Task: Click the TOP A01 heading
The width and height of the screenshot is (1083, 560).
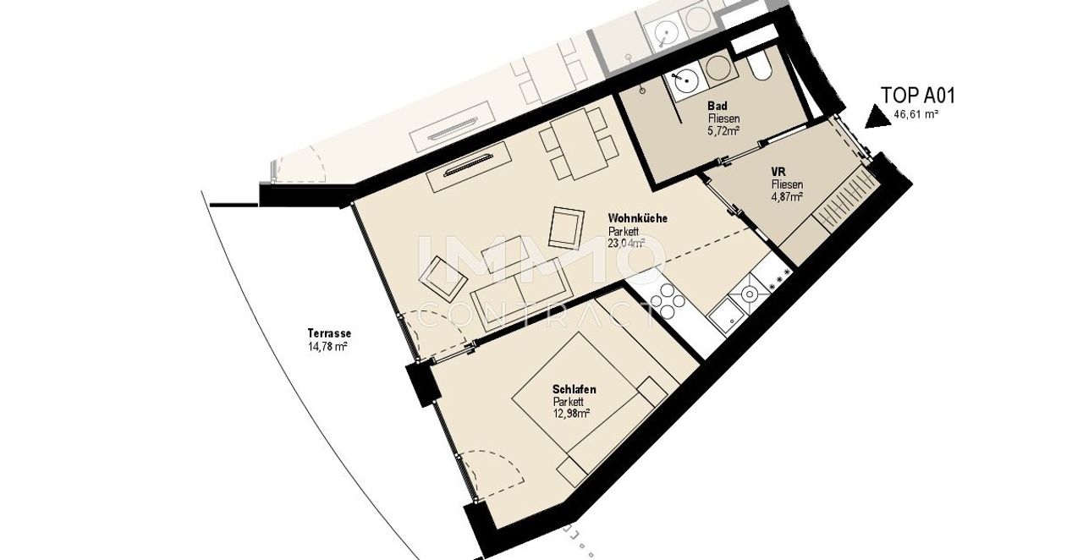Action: coord(918,96)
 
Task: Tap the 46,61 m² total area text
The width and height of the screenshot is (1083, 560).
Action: coord(916,114)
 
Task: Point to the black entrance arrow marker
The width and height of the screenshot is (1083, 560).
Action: coord(877,118)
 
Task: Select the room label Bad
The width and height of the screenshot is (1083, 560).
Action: coord(717,106)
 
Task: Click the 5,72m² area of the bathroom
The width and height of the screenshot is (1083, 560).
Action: coord(724,130)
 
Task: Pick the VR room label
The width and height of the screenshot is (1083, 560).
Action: coord(778,172)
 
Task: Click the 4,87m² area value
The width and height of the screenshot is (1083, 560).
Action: coord(788,197)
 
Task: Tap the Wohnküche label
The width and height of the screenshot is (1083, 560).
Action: coord(638,218)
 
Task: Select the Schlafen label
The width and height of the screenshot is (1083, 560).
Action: coord(574,389)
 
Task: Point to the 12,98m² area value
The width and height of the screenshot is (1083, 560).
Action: coord(571,414)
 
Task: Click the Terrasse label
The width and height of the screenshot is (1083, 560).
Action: coord(329,333)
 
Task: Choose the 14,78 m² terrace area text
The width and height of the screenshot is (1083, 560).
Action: coord(327,346)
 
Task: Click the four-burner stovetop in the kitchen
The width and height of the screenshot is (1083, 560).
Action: coord(668,302)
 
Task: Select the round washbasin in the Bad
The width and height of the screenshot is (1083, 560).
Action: coord(685,84)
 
